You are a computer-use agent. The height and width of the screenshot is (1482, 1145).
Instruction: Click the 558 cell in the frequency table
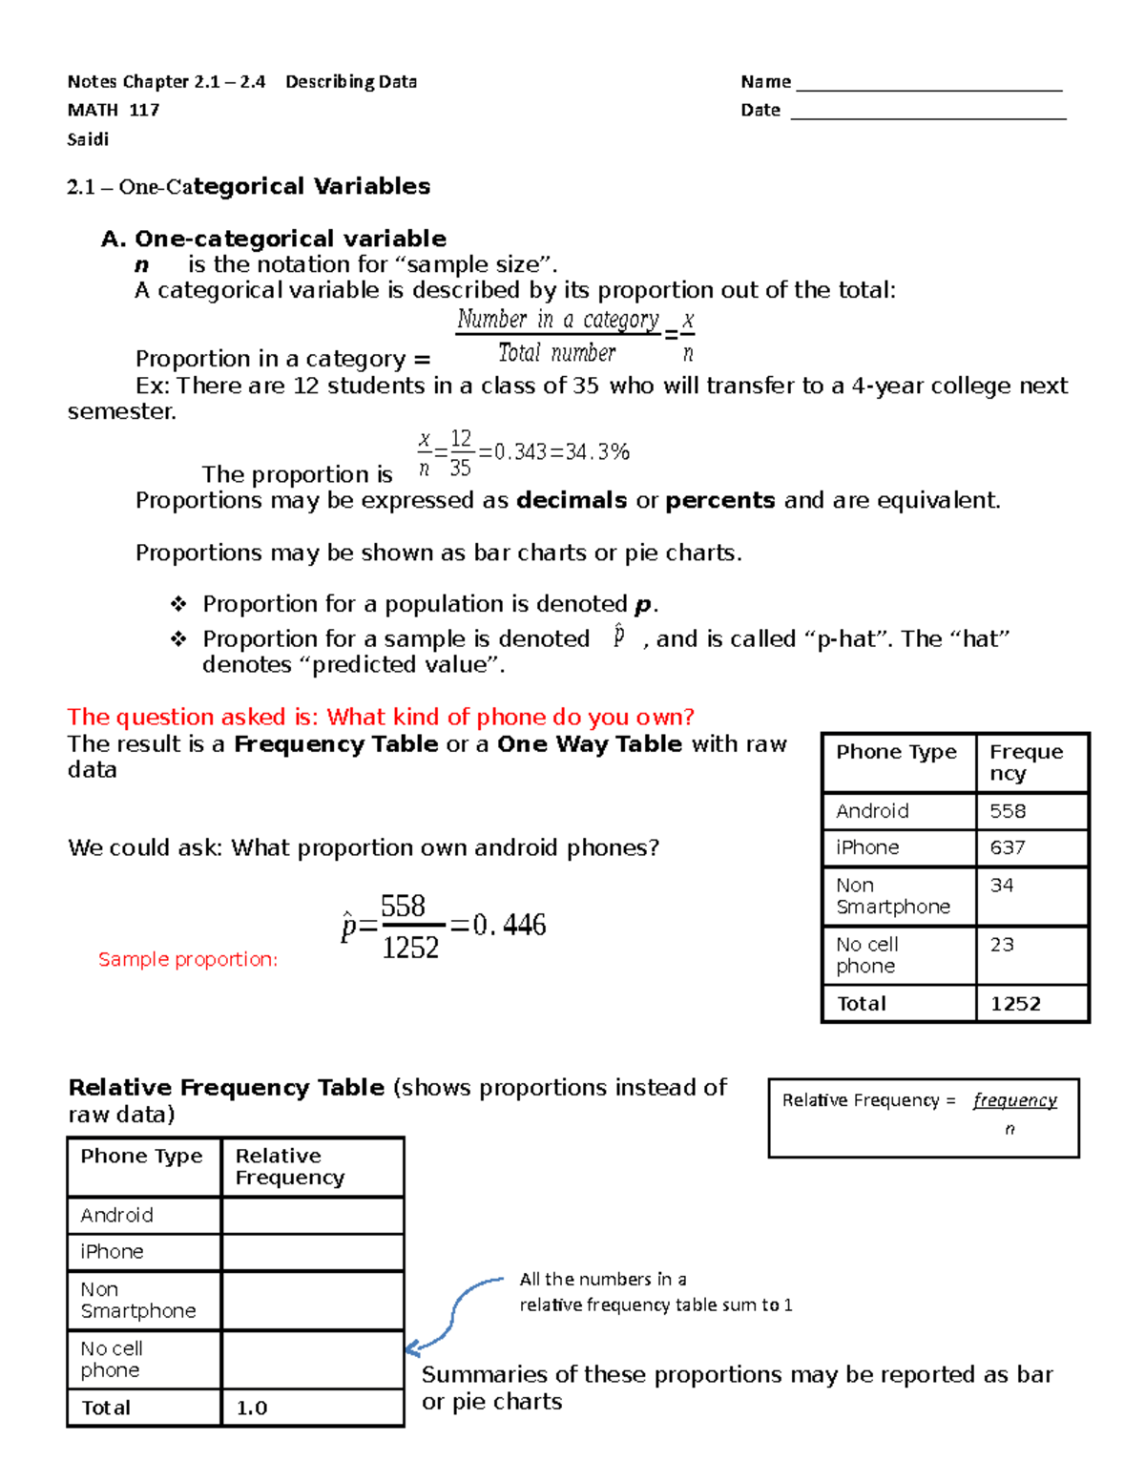click(x=1008, y=811)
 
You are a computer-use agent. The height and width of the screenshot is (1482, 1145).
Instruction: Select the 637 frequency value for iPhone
click(x=1008, y=847)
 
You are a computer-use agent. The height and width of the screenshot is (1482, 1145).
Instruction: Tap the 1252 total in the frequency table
click(x=1015, y=1004)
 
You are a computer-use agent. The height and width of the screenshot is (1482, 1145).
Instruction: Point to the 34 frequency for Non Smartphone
click(x=1002, y=886)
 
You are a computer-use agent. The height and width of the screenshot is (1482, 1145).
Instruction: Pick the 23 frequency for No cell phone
click(x=1002, y=945)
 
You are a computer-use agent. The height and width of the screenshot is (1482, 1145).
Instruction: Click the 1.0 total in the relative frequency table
click(x=252, y=1408)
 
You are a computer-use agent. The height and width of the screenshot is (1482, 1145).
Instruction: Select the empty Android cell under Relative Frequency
click(x=312, y=1215)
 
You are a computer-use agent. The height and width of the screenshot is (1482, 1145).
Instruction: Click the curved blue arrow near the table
click(x=455, y=1312)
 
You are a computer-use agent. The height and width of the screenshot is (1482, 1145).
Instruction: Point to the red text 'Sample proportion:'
click(x=188, y=960)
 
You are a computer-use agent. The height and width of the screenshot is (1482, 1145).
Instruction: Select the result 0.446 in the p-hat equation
click(x=510, y=925)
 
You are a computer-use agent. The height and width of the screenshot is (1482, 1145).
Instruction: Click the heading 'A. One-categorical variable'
click(x=274, y=239)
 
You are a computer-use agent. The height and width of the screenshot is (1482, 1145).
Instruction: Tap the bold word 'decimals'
click(x=572, y=501)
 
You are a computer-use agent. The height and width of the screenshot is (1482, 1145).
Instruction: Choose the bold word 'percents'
click(x=720, y=501)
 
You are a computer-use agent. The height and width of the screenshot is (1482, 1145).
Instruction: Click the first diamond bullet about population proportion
click(x=178, y=604)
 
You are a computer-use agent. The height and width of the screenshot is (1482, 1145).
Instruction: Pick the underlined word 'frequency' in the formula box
click(x=1015, y=1100)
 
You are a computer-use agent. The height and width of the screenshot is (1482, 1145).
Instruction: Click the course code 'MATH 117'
click(x=114, y=110)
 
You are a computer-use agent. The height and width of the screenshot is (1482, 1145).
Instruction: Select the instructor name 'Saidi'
click(x=88, y=139)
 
